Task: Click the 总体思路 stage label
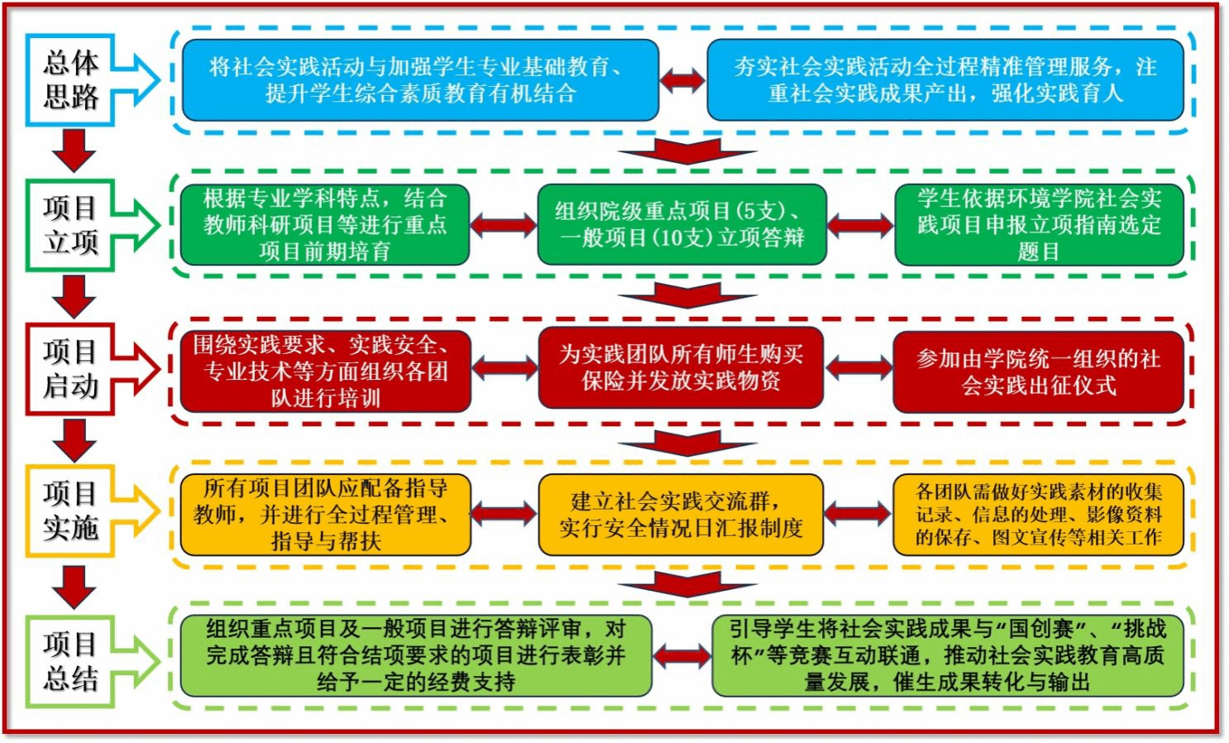[x=71, y=80]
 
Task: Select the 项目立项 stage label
[x=71, y=225]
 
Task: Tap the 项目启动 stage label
[x=71, y=369]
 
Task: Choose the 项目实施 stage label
[x=71, y=511]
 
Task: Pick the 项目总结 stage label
[x=71, y=661]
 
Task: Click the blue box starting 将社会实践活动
[x=420, y=80]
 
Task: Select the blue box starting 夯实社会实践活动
[x=944, y=80]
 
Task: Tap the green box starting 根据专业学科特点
[x=325, y=224]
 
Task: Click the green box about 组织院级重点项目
[x=681, y=224]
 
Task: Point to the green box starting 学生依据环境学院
[x=1039, y=224]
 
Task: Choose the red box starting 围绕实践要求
[x=325, y=371]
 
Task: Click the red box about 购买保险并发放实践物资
[x=681, y=368]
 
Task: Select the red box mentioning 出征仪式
[x=1039, y=371]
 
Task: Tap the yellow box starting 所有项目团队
[x=325, y=514]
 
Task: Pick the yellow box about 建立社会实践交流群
[x=681, y=514]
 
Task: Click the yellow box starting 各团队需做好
[x=1039, y=514]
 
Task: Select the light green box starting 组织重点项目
[x=416, y=655]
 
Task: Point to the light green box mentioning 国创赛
[x=948, y=655]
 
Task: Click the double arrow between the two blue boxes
[x=682, y=80]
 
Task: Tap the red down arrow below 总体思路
[x=74, y=151]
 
